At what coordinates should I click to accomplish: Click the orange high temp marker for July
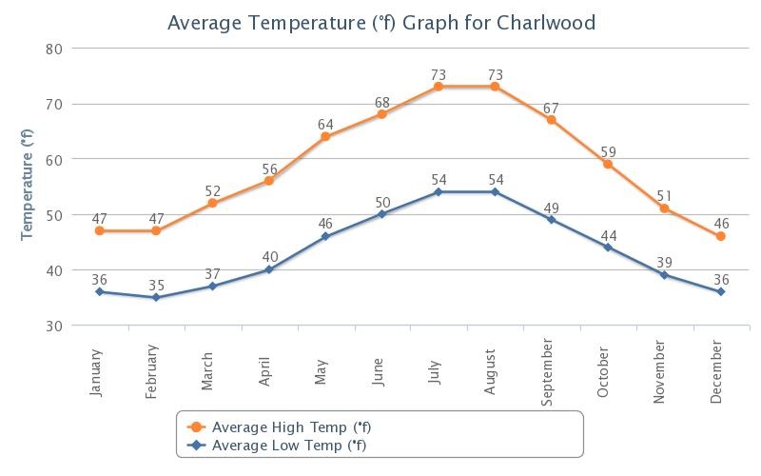[x=439, y=87]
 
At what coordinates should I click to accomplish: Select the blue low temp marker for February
[x=156, y=298]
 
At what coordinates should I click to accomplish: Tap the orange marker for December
[x=721, y=236]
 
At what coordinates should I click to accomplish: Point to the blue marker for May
[x=325, y=236]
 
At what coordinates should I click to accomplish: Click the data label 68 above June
[x=382, y=103]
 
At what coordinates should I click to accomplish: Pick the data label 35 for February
[x=156, y=285]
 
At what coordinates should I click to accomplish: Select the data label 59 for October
[x=608, y=152]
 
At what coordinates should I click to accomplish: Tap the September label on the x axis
[x=547, y=372]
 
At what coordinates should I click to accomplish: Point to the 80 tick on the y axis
[x=53, y=49]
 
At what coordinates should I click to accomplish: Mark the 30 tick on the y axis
[x=53, y=326]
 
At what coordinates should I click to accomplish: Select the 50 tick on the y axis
[x=53, y=215]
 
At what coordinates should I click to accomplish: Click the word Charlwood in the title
[x=550, y=22]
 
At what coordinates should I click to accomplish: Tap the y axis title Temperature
[x=28, y=187]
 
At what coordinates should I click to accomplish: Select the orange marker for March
[x=212, y=203]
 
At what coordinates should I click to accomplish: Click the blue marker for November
[x=665, y=275]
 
